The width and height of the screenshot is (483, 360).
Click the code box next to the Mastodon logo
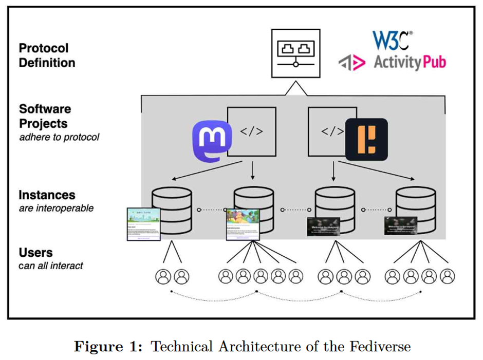252,131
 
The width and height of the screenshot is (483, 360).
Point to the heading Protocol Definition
47,55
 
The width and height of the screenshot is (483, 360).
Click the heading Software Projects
45,117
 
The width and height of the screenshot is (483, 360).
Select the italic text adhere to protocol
59,137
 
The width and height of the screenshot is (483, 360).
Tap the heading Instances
47,195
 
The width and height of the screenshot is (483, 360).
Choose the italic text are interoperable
57,209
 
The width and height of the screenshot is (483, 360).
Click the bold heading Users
36,253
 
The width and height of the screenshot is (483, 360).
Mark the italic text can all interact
51,266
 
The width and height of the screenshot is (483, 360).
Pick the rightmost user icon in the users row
447,277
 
